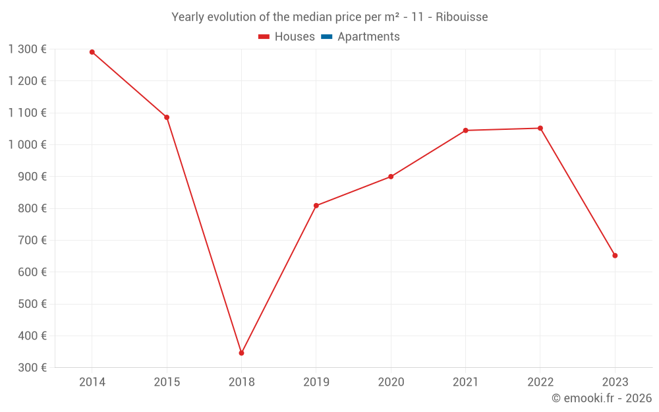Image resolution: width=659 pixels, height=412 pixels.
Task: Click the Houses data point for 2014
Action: pyautogui.click(x=92, y=52)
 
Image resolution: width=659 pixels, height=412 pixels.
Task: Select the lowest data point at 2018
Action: pyautogui.click(x=241, y=353)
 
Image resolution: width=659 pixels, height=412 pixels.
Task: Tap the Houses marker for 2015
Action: pyautogui.click(x=167, y=117)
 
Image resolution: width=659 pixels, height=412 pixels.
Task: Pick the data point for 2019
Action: pyautogui.click(x=316, y=206)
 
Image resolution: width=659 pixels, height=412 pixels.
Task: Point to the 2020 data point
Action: pyautogui.click(x=391, y=177)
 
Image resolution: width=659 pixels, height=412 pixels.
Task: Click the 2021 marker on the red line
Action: pyautogui.click(x=465, y=131)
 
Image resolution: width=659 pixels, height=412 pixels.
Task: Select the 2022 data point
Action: pyautogui.click(x=540, y=128)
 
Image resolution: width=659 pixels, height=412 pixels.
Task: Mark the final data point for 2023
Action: pyautogui.click(x=615, y=256)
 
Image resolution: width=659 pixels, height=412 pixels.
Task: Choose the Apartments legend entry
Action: pyautogui.click(x=368, y=37)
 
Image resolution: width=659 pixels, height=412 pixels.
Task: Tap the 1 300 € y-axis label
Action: pyautogui.click(x=28, y=49)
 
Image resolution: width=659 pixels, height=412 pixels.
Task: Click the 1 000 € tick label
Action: pyautogui.click(x=28, y=144)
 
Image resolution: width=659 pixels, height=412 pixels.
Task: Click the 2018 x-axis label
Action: pyautogui.click(x=241, y=382)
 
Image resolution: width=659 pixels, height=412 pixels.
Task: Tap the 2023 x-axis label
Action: pyautogui.click(x=615, y=382)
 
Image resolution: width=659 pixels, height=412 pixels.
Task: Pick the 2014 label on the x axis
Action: pyautogui.click(x=92, y=382)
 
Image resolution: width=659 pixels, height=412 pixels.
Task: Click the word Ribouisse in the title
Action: pyautogui.click(x=462, y=17)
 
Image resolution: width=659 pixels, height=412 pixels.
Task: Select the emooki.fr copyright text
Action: pyautogui.click(x=602, y=398)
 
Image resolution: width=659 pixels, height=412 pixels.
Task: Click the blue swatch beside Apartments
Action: pyautogui.click(x=326, y=37)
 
